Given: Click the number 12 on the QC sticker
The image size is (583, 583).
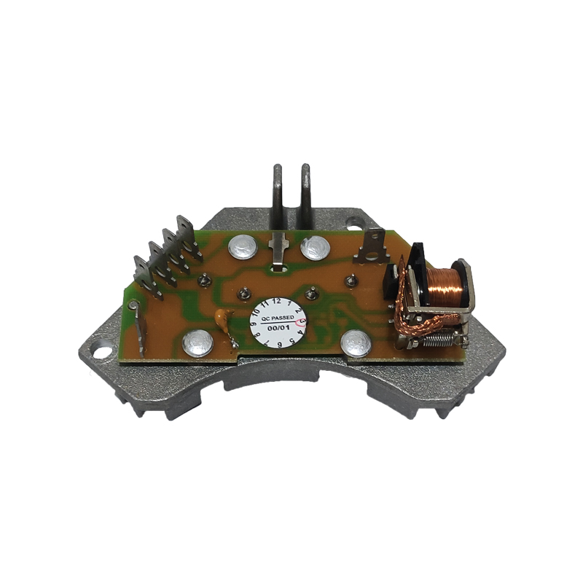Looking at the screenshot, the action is pos(277,301).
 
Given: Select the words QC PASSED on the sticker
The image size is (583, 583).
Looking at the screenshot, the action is pos(277,318).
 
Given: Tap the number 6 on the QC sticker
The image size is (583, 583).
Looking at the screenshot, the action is pos(279,344).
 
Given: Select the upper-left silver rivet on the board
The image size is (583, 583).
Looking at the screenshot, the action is pos(243,247).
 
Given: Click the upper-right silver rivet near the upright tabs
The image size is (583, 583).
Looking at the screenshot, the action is pos(315,248).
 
